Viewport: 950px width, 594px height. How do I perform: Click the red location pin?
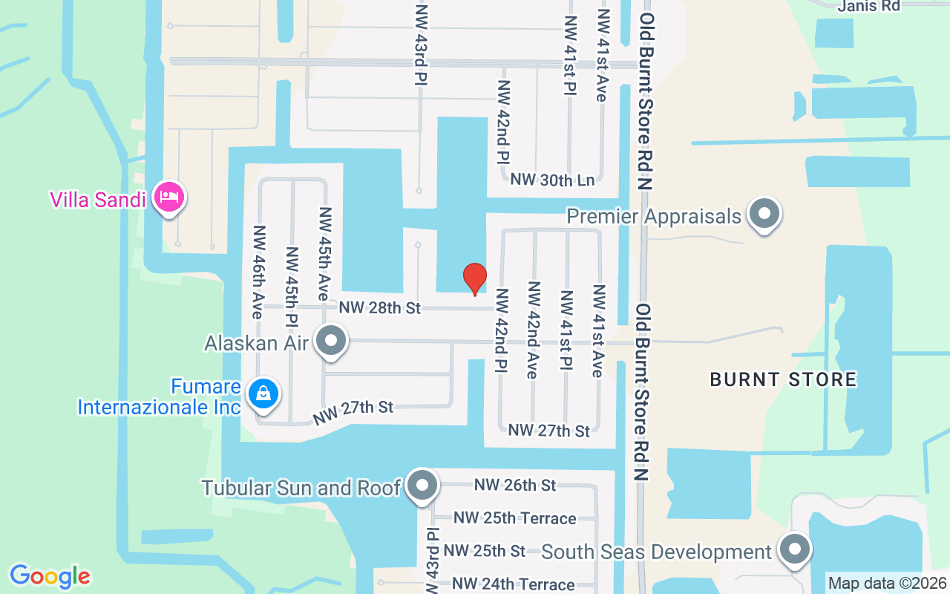[x=475, y=278]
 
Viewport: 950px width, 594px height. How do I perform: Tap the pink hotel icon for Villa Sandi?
[x=169, y=198]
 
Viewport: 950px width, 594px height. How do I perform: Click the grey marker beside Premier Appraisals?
[x=764, y=215]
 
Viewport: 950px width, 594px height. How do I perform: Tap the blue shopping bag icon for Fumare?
[x=263, y=394]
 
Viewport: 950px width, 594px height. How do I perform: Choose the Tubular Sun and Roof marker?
[x=423, y=486]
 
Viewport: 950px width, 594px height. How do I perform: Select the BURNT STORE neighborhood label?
[x=783, y=379]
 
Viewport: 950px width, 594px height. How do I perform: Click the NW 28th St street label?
[x=380, y=307]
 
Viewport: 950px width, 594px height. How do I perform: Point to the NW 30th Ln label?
[x=552, y=180]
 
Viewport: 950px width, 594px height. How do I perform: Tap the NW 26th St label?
[x=515, y=486]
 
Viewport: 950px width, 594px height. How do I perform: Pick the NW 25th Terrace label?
[x=514, y=518]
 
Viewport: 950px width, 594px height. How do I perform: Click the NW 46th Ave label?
[x=258, y=272]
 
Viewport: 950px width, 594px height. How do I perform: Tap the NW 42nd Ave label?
[x=532, y=330]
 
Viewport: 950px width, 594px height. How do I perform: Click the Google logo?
[x=50, y=576]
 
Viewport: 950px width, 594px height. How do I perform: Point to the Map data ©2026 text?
[x=887, y=583]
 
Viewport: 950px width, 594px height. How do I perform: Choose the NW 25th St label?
[x=484, y=551]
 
